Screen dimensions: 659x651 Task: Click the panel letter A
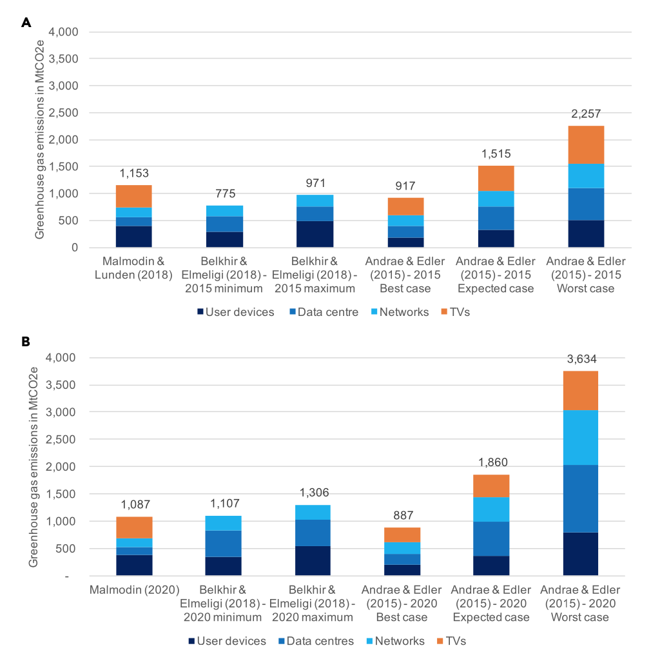(26, 23)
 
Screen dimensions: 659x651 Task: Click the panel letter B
(26, 341)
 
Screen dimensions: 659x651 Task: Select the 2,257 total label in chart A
(585, 114)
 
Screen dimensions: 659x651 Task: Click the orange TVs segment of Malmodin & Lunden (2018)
(134, 196)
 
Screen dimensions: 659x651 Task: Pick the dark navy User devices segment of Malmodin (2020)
(134, 565)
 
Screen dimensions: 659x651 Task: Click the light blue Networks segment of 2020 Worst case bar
(580, 437)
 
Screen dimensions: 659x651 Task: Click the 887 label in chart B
(402, 515)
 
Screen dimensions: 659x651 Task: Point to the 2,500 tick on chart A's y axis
(64, 113)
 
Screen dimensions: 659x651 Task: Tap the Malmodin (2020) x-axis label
(134, 590)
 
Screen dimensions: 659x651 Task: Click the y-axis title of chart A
(39, 139)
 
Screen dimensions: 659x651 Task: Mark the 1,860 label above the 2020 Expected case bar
(491, 462)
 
